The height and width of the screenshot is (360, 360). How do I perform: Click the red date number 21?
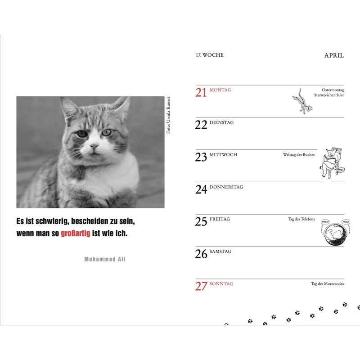pyautogui.click(x=201, y=92)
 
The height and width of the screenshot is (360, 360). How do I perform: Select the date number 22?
pyautogui.click(x=201, y=125)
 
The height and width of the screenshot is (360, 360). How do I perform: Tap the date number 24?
pyautogui.click(x=201, y=189)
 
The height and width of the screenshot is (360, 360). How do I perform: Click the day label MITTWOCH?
pyautogui.click(x=223, y=155)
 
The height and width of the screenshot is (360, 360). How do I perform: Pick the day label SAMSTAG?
pyautogui.click(x=220, y=252)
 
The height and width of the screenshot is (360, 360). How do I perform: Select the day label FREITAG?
pyautogui.click(x=220, y=219)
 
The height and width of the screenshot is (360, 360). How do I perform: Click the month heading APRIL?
pyautogui.click(x=334, y=55)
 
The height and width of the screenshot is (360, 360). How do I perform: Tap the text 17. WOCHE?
pyautogui.click(x=209, y=55)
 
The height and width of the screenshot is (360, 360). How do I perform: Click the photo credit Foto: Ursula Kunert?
pyautogui.click(x=169, y=115)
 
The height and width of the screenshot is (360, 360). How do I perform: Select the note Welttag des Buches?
pyautogui.click(x=299, y=155)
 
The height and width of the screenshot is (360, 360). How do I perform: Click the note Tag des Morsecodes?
pyautogui.click(x=327, y=284)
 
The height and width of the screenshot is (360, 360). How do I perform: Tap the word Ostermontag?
pyautogui.click(x=333, y=90)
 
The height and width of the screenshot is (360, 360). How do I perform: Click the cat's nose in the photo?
pyautogui.click(x=94, y=146)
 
